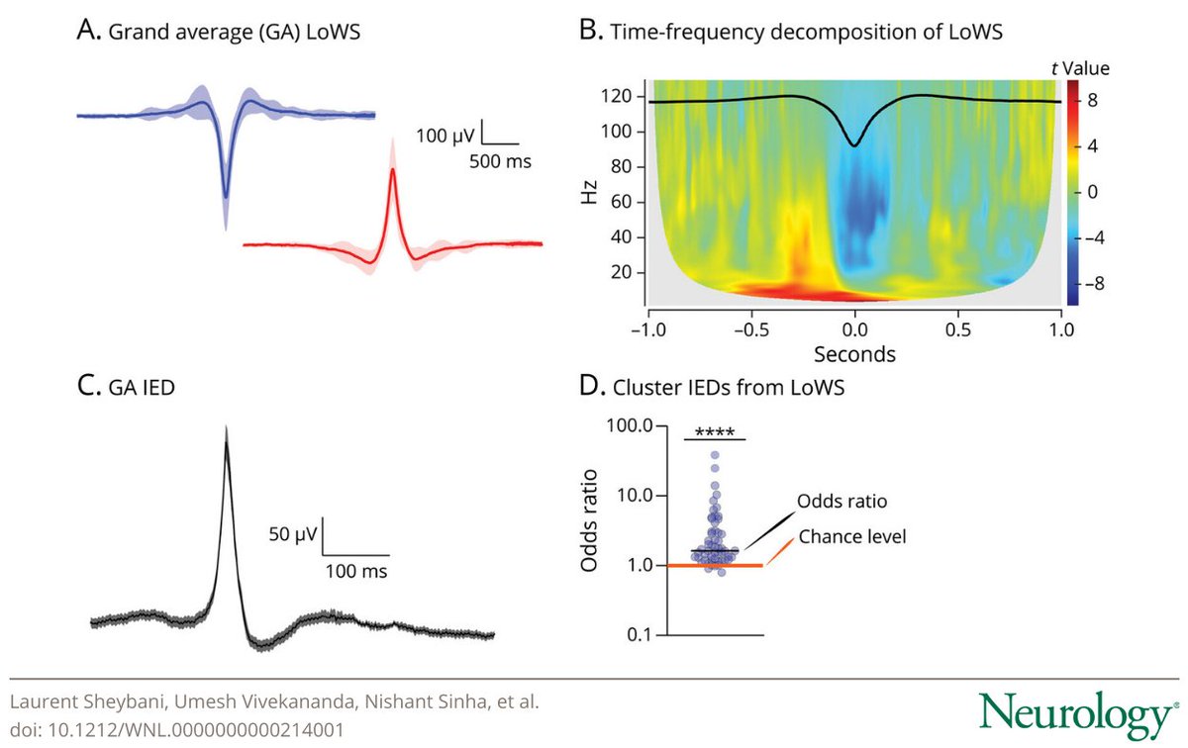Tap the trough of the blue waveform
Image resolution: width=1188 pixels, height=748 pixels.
[226, 198]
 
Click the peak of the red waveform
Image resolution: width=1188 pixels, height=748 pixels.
[393, 170]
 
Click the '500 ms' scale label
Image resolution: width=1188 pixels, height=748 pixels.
[500, 160]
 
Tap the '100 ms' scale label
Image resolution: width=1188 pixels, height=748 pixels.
[357, 571]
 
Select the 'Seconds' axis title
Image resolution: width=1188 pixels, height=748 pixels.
[854, 353]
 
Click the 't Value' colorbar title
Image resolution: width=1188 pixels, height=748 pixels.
[1078, 69]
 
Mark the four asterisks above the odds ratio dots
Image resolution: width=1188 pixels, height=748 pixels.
[714, 430]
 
